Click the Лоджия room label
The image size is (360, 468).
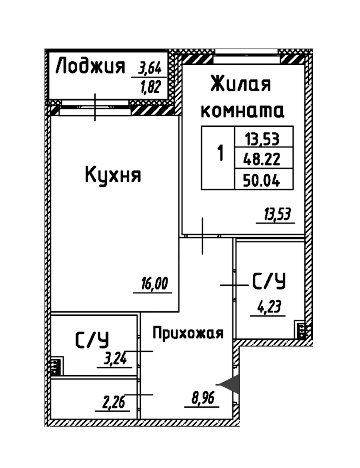coord(90,66)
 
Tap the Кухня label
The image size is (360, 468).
coord(113,175)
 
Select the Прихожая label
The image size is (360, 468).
coord(188,333)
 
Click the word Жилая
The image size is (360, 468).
coord(241,84)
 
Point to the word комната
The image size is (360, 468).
coord(242,111)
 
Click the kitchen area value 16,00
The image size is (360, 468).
coord(154,283)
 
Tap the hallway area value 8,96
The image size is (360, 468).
coord(203,398)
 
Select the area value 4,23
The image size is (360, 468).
coord(269,307)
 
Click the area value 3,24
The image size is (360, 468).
coord(115,358)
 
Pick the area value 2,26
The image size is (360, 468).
coord(114,402)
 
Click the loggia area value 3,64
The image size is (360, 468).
coord(149,69)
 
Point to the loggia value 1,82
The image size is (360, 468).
coord(150,87)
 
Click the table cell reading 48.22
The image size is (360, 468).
coord(262,159)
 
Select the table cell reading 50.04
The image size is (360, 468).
coord(262,180)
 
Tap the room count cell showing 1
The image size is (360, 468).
coord(220,153)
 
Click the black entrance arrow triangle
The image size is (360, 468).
coord(230,384)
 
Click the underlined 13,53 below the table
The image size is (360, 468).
coord(277,214)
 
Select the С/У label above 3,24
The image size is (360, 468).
coord(92,340)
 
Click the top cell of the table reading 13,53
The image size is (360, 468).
coord(262,139)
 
